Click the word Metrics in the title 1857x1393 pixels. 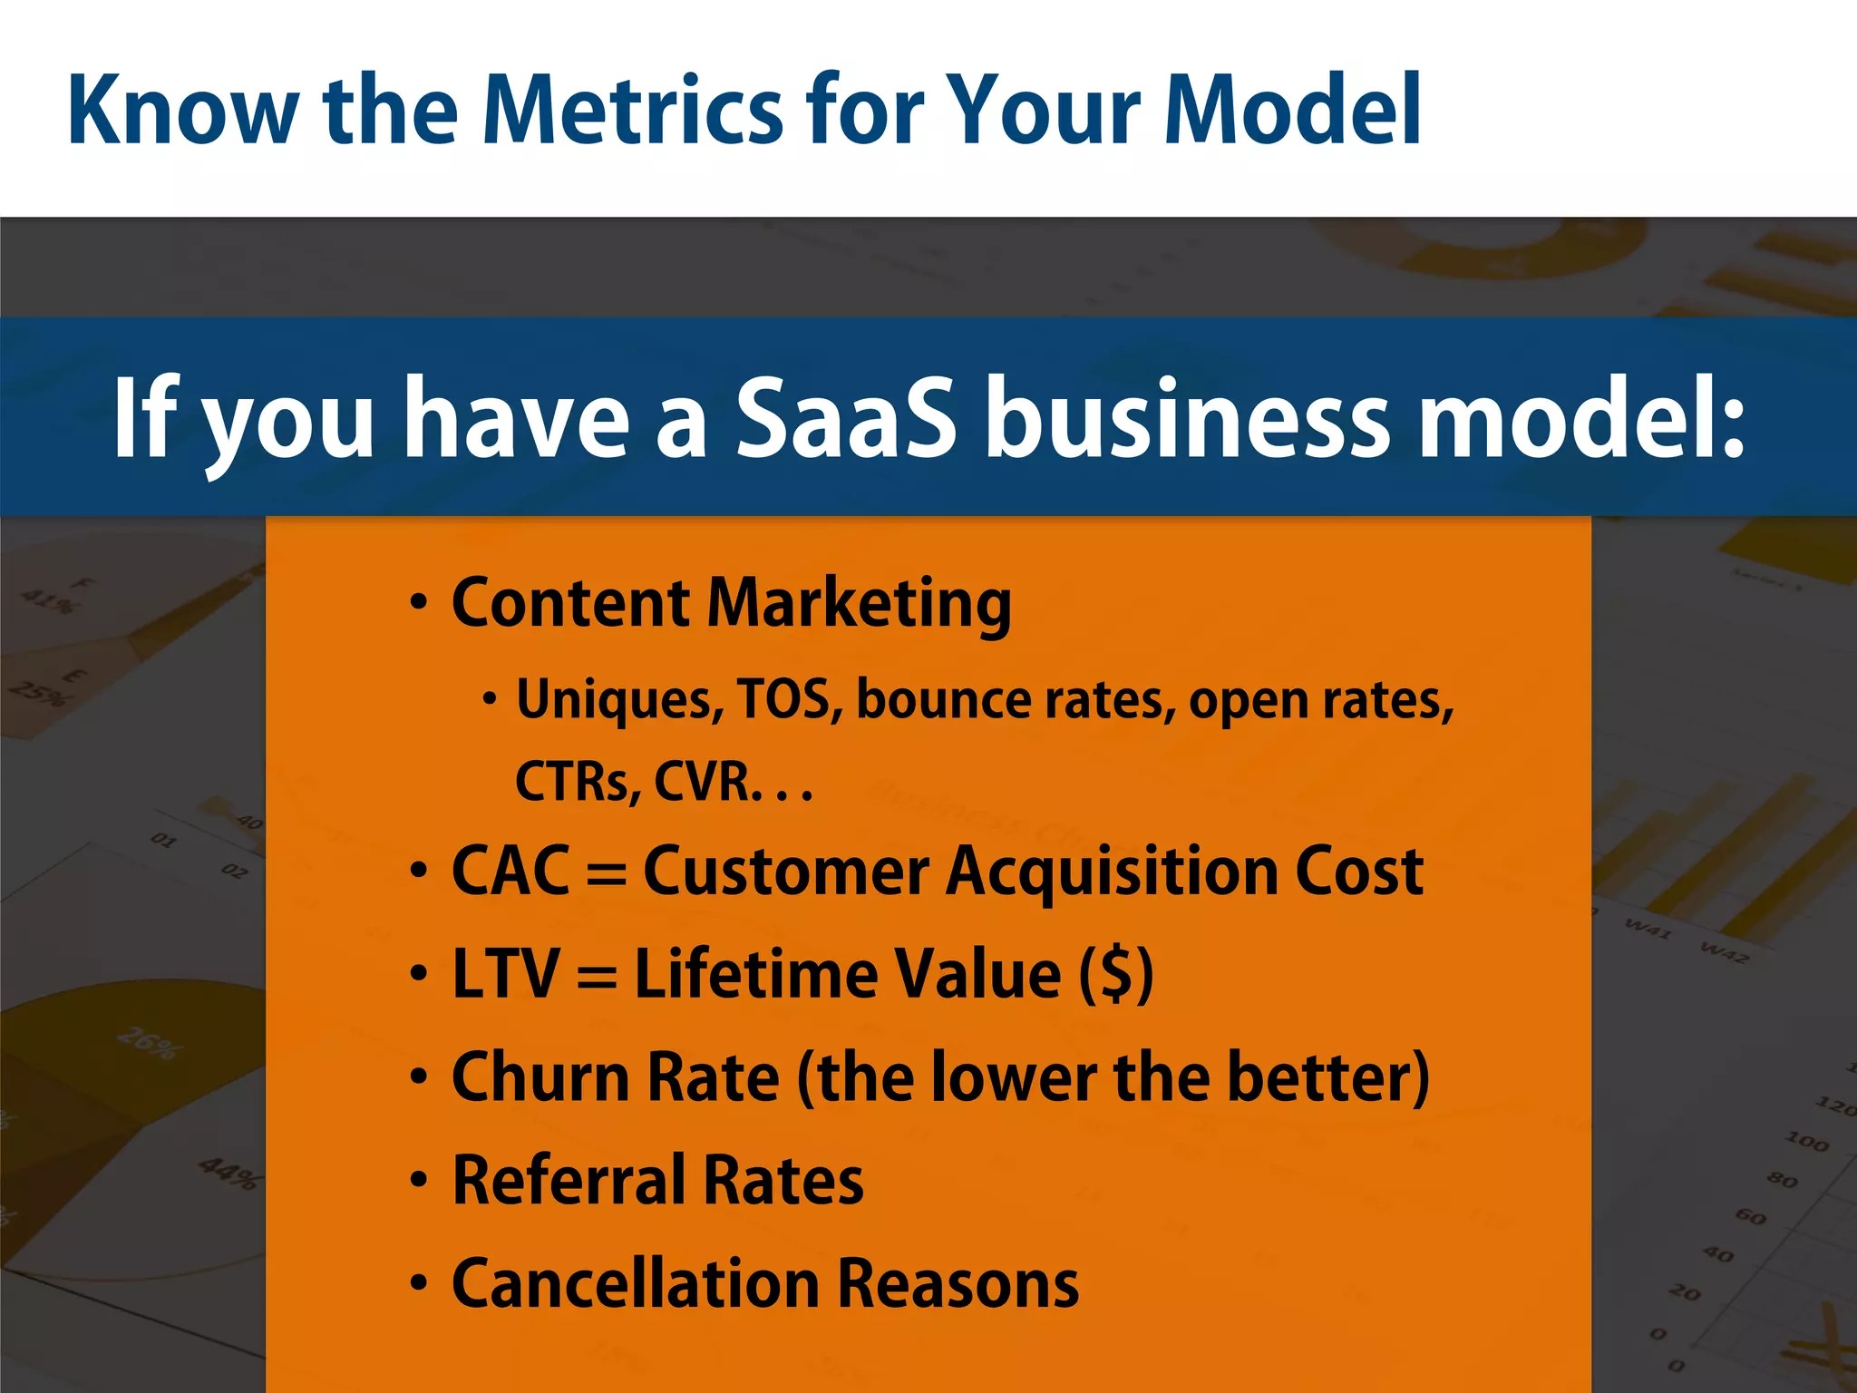tap(632, 111)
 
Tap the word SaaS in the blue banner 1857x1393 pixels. tap(845, 419)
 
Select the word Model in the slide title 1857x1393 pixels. tap(1293, 111)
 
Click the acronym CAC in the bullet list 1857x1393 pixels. tap(510, 872)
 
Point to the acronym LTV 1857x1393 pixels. tap(505, 974)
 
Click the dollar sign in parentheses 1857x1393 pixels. tap(1116, 974)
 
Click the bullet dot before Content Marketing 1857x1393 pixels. tap(418, 603)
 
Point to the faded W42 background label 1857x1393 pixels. tap(1724, 951)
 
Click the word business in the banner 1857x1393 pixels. tap(1186, 419)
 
